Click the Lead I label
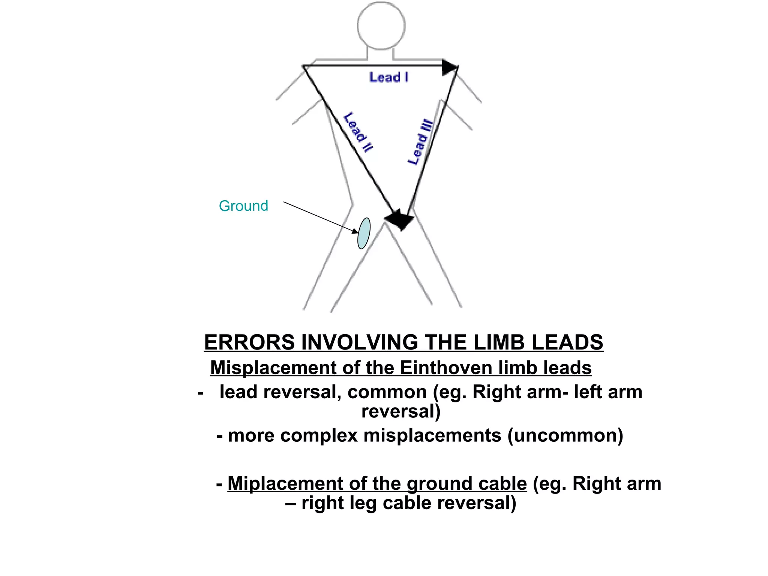pos(389,77)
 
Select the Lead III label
pos(420,142)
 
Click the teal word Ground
pos(243,206)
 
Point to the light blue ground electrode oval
pos(364,233)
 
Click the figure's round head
pos(381,25)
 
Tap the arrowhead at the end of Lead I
pos(449,67)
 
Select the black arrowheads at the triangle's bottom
pos(400,219)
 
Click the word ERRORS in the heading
pos(249,342)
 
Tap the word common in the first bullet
pos(387,392)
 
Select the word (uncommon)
pos(565,435)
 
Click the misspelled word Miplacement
pos(285,483)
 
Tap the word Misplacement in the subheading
pos(273,367)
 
